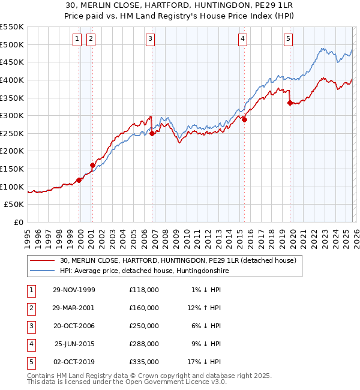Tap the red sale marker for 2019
(290, 103)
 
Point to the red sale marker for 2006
(152, 133)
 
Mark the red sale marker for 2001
(92, 165)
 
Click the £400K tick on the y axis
(12, 80)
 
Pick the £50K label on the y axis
(14, 205)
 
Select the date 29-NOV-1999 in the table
(74, 290)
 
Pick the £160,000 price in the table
(144, 308)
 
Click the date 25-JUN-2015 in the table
(74, 344)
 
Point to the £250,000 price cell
(144, 326)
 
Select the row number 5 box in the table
(29, 362)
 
